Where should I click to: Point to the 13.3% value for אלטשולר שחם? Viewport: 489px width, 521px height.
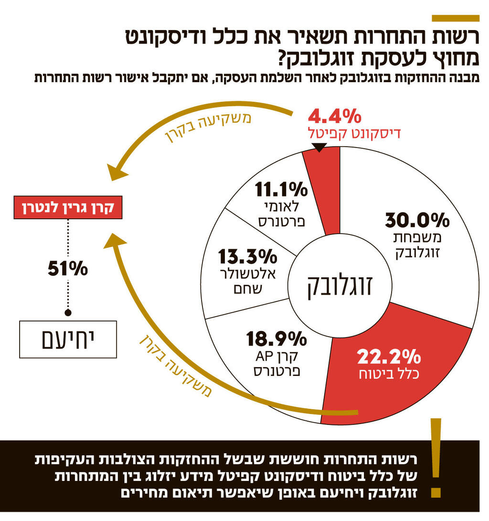pos(248,257)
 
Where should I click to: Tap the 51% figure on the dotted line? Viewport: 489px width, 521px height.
pos(68,269)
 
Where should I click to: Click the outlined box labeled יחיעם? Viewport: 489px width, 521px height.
pos(68,340)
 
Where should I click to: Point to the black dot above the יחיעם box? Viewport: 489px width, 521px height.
pos(68,313)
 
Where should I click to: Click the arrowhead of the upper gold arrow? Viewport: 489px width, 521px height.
pos(116,172)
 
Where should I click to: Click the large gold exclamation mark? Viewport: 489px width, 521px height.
pos(435,458)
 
